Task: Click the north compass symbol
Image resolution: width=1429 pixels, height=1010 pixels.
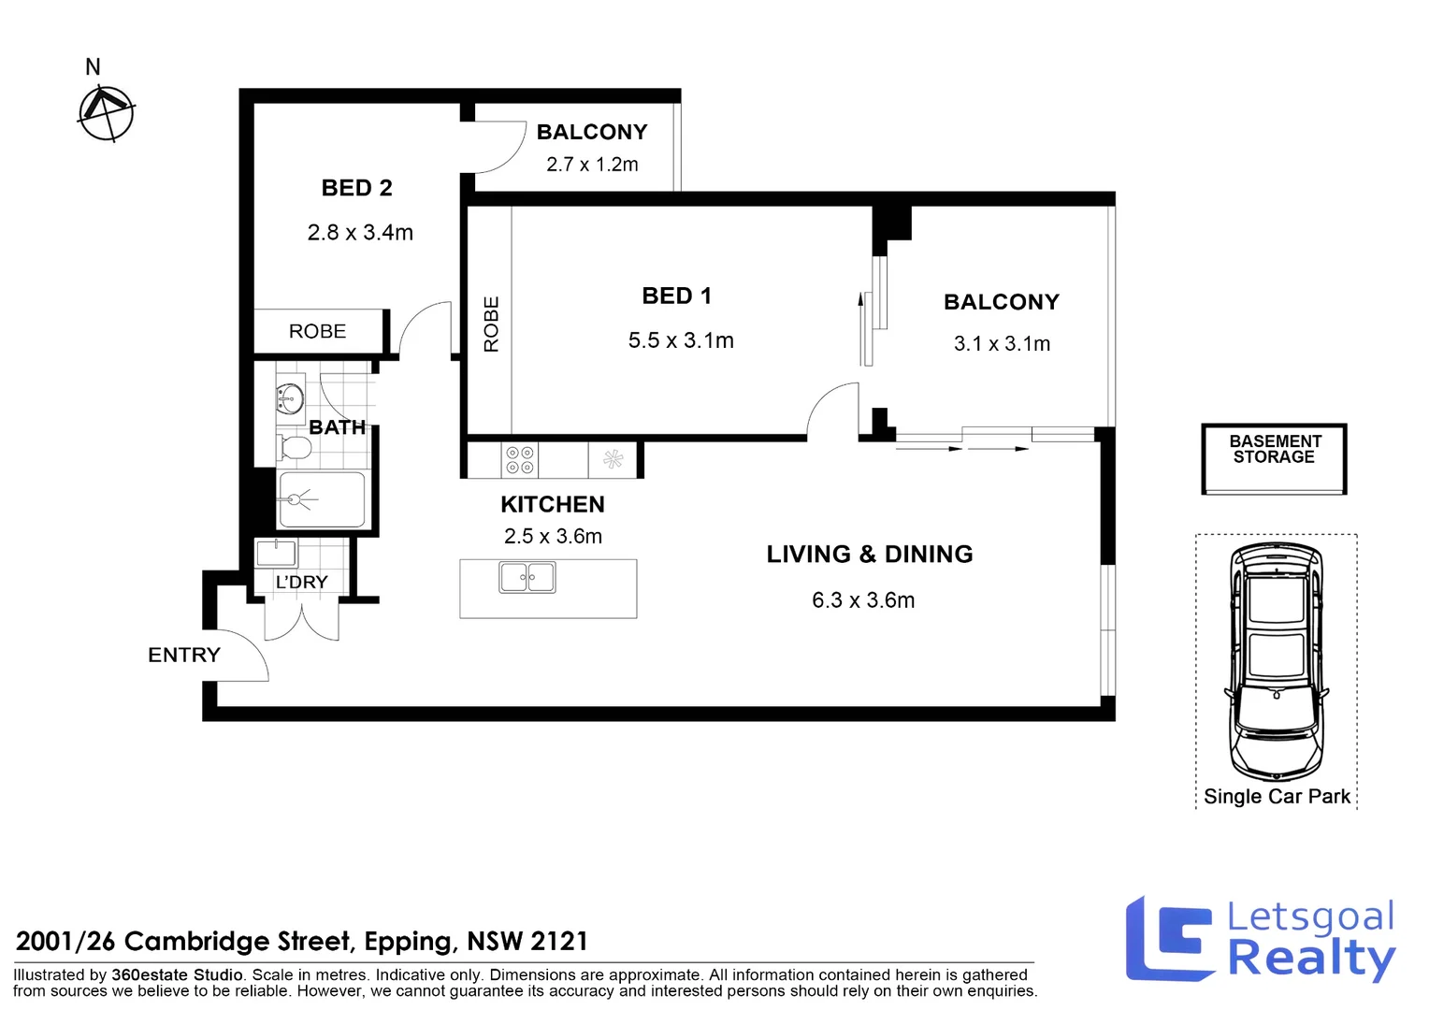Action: coord(106,114)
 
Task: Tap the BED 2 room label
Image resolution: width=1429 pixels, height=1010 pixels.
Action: coord(356,188)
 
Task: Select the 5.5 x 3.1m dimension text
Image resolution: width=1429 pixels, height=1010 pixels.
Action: coord(681,340)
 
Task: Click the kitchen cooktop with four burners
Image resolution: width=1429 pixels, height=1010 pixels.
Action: coord(519,460)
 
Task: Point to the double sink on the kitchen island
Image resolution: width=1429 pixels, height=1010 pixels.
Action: coord(527,577)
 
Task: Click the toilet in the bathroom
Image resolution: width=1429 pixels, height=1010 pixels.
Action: coord(294,447)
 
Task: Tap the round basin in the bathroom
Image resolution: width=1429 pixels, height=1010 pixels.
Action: coord(290,398)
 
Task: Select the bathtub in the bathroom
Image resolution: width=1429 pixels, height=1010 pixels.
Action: coord(322,499)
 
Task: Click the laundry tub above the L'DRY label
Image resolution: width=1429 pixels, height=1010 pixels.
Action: coord(276,554)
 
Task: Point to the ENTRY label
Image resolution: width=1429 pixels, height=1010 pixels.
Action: coord(183,655)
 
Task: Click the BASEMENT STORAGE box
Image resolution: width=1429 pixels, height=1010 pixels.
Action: coord(1274,458)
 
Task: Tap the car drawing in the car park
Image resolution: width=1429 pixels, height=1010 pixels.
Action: coord(1276,661)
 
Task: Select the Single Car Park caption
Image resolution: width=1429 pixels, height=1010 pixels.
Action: coord(1277,796)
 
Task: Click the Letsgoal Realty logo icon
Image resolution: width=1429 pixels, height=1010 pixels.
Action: coord(1169,939)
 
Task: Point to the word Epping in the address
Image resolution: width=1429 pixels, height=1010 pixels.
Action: coord(411,942)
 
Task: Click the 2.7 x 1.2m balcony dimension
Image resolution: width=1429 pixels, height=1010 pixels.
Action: coord(592,164)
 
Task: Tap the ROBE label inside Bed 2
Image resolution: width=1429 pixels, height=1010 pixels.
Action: coord(317,331)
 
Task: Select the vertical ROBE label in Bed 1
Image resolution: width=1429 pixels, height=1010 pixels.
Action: coord(491,325)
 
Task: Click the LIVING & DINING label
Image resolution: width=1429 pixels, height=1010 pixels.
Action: coord(870,554)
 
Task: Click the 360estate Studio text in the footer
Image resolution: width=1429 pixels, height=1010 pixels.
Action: coord(177,974)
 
